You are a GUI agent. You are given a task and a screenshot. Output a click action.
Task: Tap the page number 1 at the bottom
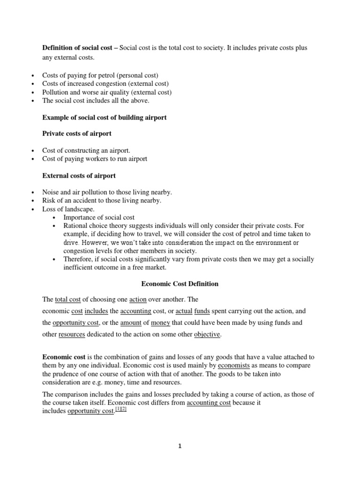tap(180, 446)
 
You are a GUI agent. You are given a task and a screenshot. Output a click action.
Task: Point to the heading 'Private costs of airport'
tap(77, 134)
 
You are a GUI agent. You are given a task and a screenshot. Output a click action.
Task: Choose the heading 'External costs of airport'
tap(79, 176)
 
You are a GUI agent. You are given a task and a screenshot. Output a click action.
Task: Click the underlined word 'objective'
tap(206, 335)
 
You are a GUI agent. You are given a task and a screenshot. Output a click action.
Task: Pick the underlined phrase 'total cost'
tap(68, 299)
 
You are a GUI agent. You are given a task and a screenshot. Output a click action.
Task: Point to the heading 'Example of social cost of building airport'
tap(105, 117)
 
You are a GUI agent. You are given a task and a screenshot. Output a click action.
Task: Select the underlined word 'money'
tap(160, 322)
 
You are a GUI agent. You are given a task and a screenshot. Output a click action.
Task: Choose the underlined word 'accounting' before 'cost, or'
tap(135, 311)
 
